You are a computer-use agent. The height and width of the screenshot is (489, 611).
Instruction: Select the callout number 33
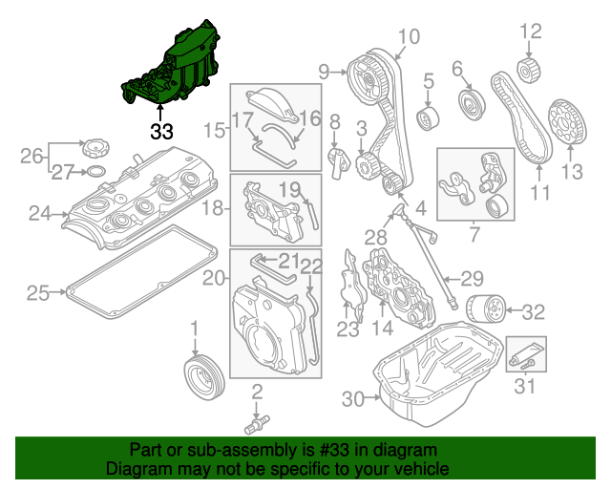tap(160, 129)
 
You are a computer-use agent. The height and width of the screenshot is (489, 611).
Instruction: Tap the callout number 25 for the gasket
tap(37, 293)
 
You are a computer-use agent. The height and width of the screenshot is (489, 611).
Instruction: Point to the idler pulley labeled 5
tap(428, 118)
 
